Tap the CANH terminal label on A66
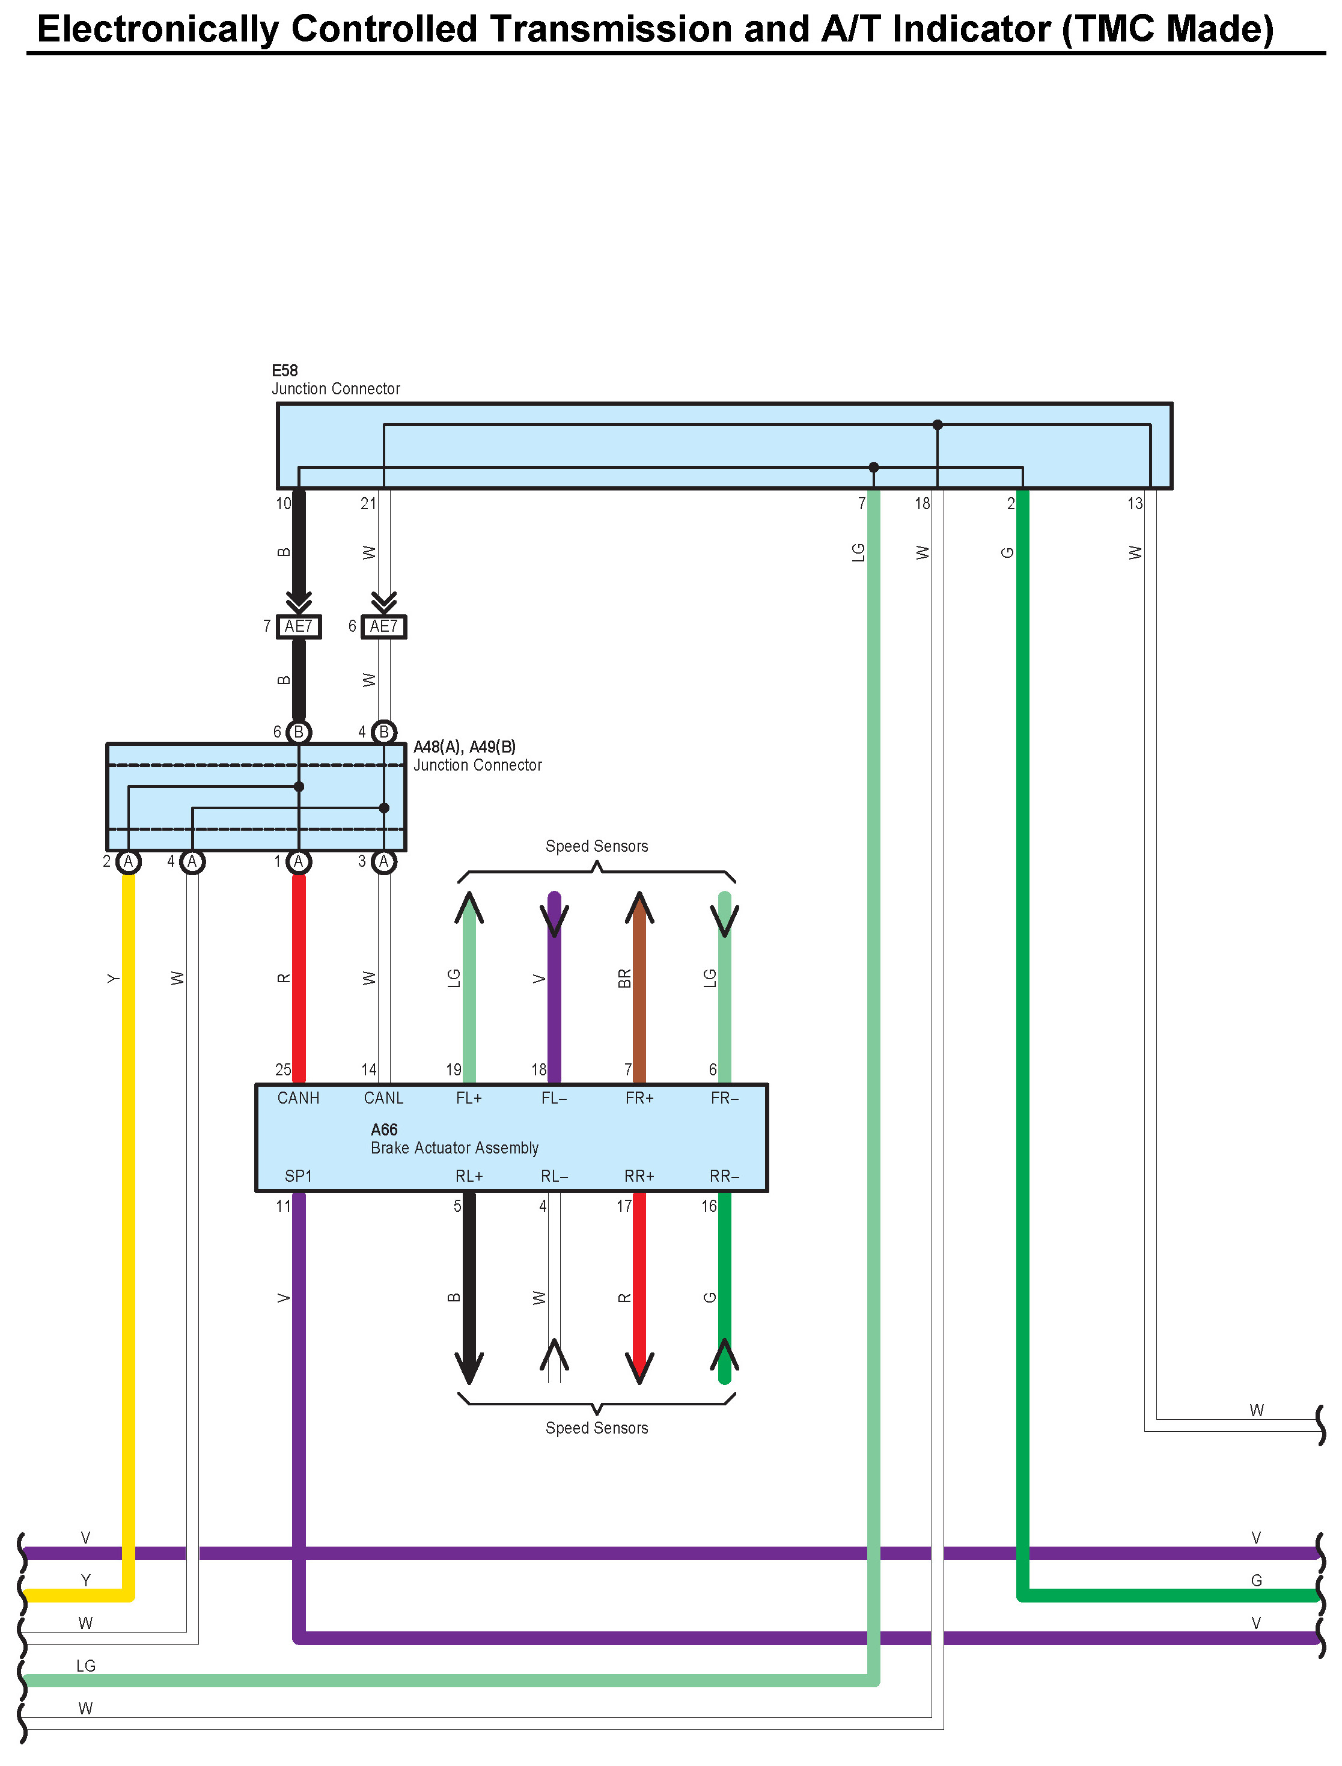[x=298, y=1098]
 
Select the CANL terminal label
[x=383, y=1098]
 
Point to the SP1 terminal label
[x=298, y=1176]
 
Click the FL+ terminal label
[x=469, y=1098]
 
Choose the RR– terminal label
[x=725, y=1176]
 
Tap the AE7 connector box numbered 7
[x=299, y=626]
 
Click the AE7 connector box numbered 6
[x=383, y=626]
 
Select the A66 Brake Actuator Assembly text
[x=454, y=1139]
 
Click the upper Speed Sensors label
[x=597, y=846]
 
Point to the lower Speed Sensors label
[x=597, y=1428]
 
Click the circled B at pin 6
[x=299, y=732]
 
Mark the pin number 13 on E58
[x=1134, y=503]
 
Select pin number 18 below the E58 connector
[x=922, y=503]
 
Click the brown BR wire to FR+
[x=639, y=998]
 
